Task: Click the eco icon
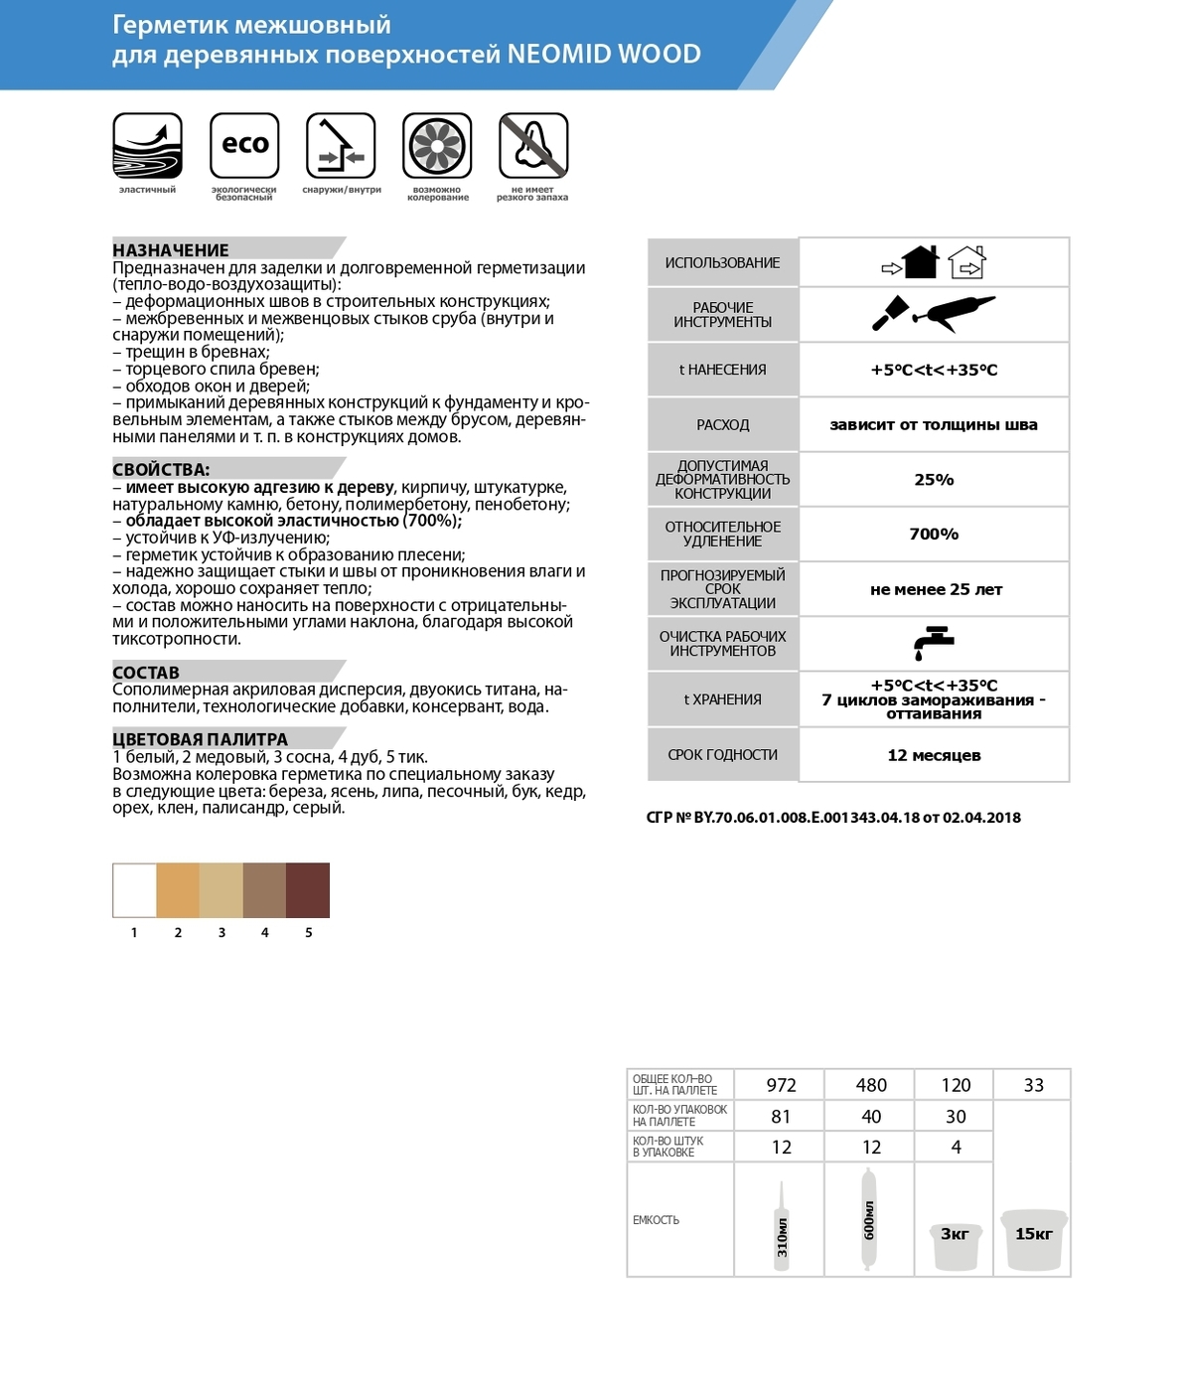pos(244,145)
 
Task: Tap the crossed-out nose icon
pos(533,145)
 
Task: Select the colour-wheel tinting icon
pos(437,145)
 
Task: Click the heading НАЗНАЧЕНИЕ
pos(171,250)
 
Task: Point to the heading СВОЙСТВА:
pos(161,469)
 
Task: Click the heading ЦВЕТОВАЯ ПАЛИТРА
pos(200,739)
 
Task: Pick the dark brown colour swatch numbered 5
pos(308,890)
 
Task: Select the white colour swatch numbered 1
pos(134,890)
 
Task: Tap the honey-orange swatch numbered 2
pos(178,890)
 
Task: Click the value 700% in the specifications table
pos(934,535)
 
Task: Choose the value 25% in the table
pos(934,480)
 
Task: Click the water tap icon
pos(934,644)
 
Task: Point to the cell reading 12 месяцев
pos(934,755)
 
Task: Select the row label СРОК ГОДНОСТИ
pos(722,755)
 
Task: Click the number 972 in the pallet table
pos(781,1085)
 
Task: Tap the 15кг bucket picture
pos(1033,1238)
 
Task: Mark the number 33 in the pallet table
pos(1033,1085)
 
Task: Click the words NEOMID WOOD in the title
pos(604,54)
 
